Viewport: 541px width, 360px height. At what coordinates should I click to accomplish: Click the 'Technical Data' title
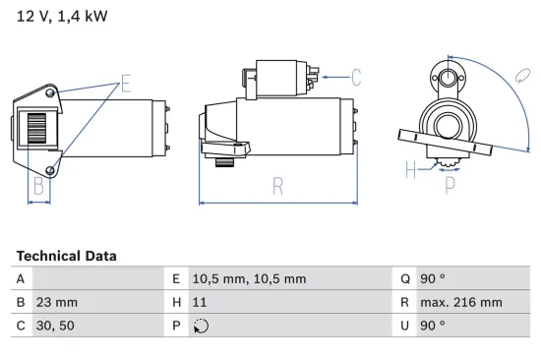(x=66, y=256)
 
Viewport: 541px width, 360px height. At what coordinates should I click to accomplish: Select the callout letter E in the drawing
(x=125, y=83)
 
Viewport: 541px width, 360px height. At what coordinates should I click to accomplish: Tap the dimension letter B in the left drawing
(x=38, y=184)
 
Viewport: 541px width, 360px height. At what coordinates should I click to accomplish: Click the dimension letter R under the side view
(x=278, y=184)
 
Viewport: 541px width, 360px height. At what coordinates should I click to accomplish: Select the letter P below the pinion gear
(x=450, y=183)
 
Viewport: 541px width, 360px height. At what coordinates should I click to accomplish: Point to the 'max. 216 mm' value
(x=462, y=302)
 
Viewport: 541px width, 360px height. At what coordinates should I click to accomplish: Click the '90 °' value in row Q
(x=433, y=279)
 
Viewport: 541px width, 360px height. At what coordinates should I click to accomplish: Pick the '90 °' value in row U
(x=433, y=325)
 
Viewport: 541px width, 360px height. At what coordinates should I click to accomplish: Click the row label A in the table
(x=21, y=279)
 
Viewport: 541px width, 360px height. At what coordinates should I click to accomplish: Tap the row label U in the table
(x=403, y=325)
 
